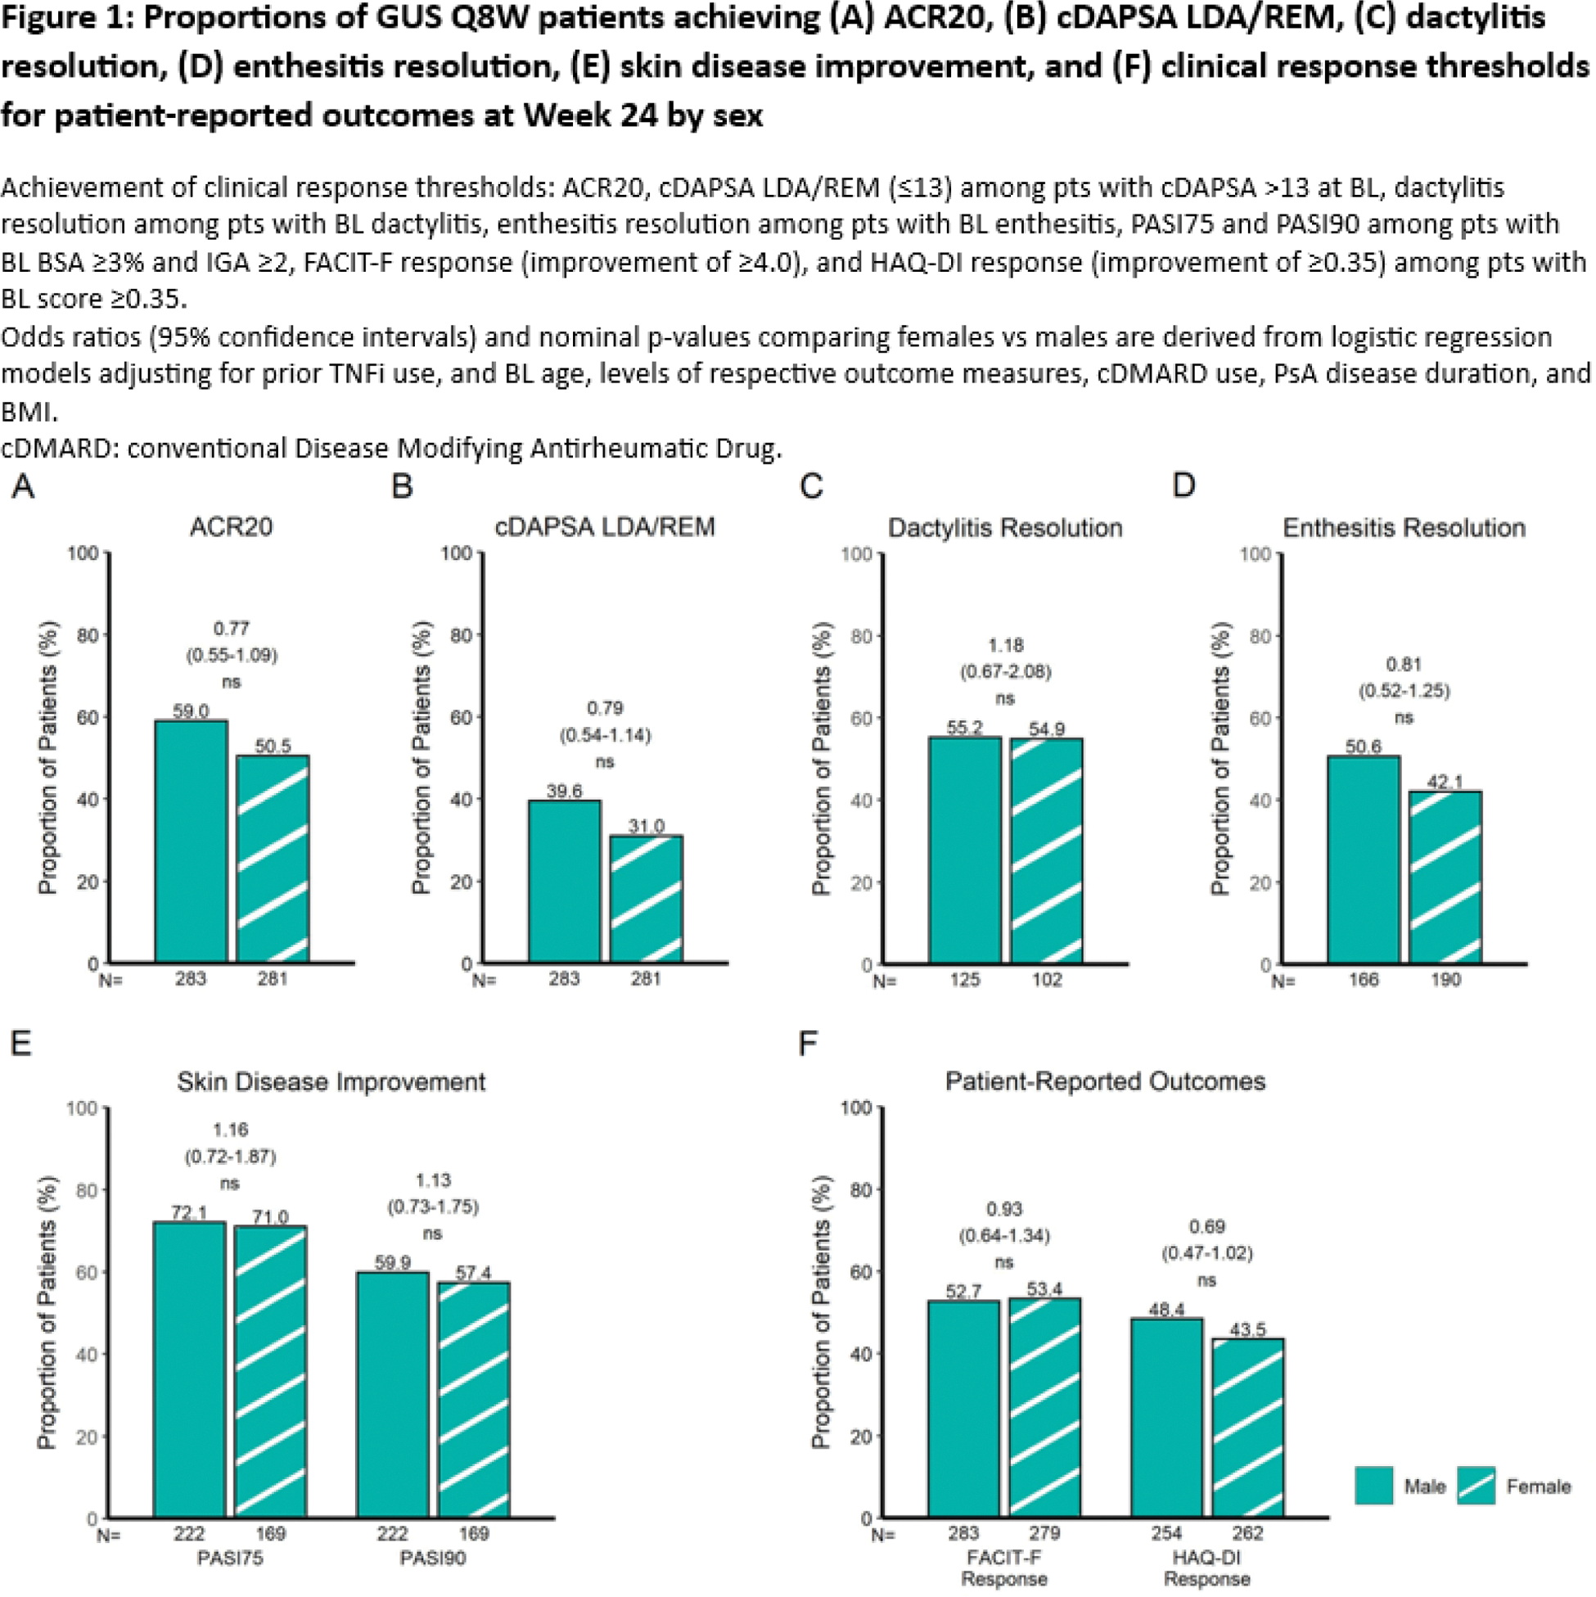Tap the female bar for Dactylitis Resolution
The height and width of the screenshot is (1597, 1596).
tap(1046, 850)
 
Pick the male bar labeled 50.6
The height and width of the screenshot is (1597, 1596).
tap(1364, 859)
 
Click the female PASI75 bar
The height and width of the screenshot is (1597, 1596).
tap(270, 1372)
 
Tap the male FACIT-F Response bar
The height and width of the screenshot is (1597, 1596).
tap(963, 1409)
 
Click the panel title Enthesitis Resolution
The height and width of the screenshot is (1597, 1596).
tap(1404, 527)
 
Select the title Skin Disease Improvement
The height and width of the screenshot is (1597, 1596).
tap(331, 1081)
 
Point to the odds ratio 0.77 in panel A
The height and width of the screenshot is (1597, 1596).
tap(232, 628)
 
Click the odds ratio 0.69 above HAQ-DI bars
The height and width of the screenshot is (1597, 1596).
tap(1206, 1227)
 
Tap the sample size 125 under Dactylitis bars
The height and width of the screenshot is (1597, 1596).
tap(964, 980)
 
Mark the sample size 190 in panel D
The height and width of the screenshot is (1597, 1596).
tap(1445, 980)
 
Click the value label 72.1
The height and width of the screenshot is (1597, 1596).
tap(189, 1212)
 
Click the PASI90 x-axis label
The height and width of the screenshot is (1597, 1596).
tap(432, 1559)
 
